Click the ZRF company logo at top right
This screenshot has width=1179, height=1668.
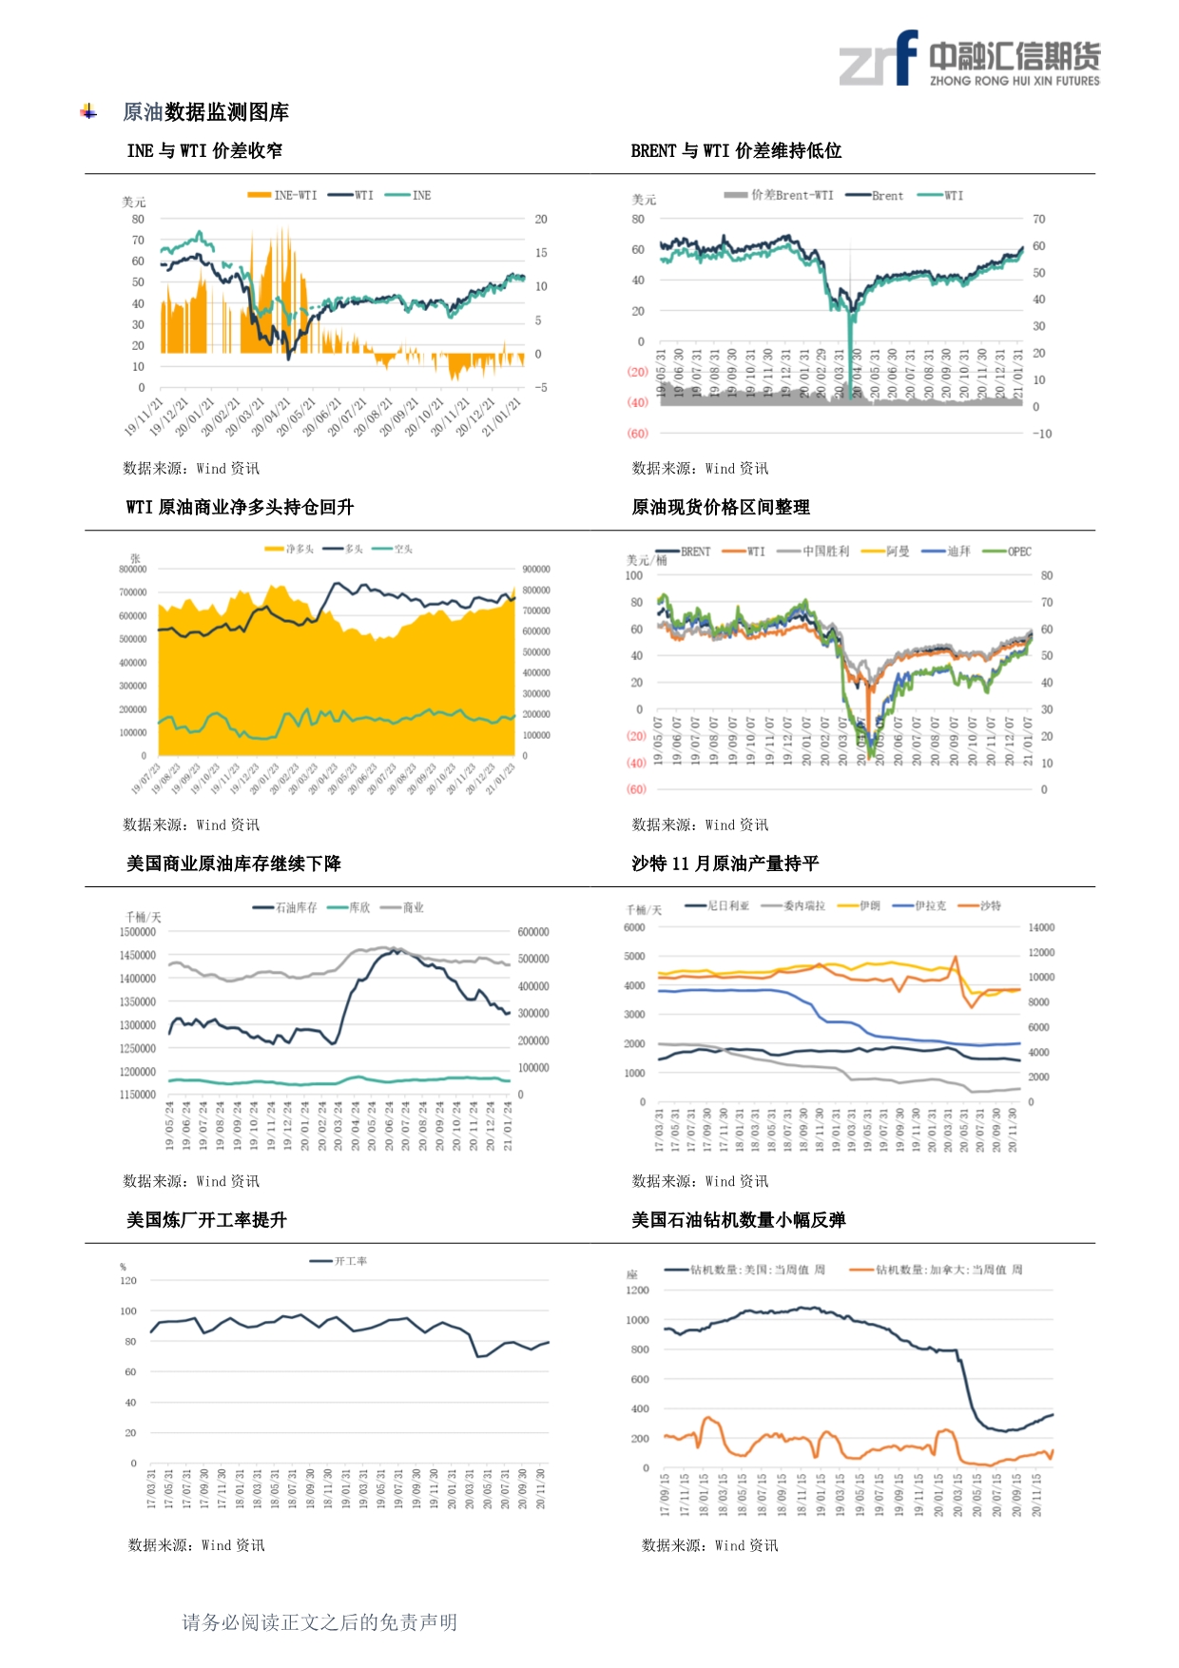click(x=969, y=59)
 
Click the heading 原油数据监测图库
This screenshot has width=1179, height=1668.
click(x=205, y=112)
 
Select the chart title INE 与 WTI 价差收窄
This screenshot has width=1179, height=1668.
click(x=204, y=150)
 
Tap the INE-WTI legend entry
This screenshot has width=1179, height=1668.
click(x=283, y=195)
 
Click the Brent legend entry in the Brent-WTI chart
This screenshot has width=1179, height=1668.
click(x=875, y=195)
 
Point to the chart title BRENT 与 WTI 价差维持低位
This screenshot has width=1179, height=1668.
click(x=736, y=150)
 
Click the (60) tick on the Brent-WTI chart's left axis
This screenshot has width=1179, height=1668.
click(x=637, y=434)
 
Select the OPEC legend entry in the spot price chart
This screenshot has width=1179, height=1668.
click(x=1008, y=552)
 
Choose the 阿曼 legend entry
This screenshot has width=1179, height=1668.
click(x=886, y=552)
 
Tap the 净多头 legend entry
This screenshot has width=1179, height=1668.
click(x=290, y=549)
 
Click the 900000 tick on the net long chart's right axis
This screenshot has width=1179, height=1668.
click(x=536, y=569)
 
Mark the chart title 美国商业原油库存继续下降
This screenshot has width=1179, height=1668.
click(x=234, y=863)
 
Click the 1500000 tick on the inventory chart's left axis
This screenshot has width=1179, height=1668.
click(x=137, y=932)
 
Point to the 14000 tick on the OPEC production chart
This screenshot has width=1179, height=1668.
click(x=1041, y=927)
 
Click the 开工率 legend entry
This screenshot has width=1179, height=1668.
click(x=339, y=1261)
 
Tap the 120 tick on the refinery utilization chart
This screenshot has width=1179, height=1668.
click(x=128, y=1281)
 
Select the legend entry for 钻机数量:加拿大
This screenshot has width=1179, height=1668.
click(x=937, y=1270)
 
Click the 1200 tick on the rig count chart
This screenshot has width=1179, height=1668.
click(x=637, y=1290)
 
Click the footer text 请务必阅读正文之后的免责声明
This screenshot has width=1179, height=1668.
click(x=319, y=1622)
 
